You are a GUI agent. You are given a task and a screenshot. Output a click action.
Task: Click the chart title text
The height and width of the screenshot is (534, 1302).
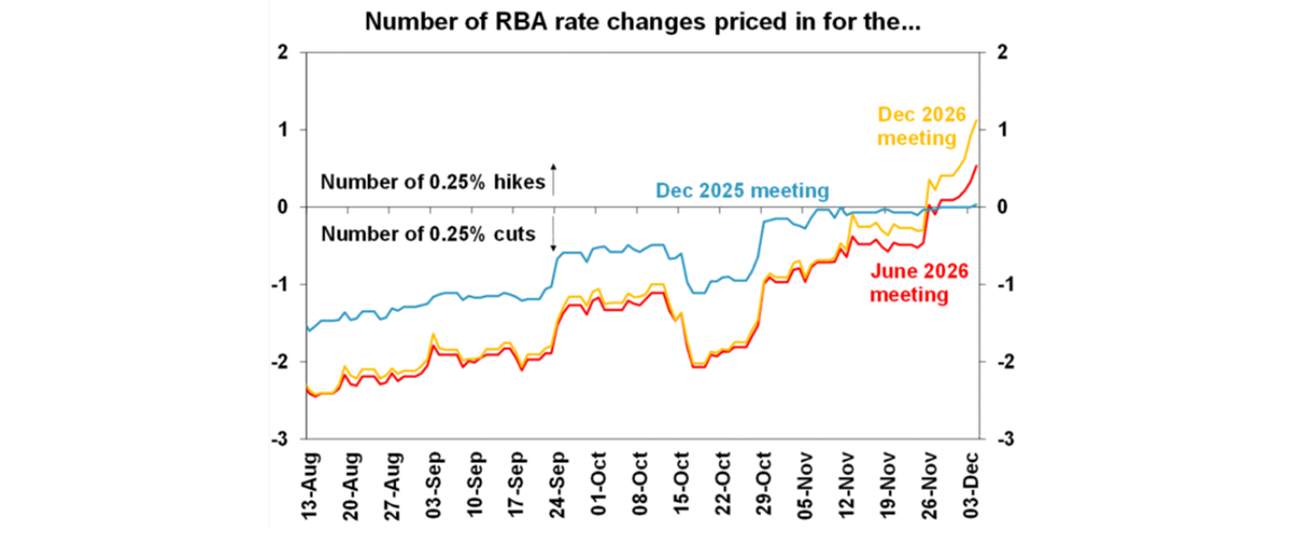(x=643, y=23)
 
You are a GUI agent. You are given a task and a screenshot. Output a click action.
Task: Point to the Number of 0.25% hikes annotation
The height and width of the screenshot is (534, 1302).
(x=432, y=181)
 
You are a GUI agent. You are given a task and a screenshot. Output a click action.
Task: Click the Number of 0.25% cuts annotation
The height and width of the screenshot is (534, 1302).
(x=428, y=234)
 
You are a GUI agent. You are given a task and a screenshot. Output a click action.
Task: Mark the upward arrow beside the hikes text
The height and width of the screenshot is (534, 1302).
(x=554, y=179)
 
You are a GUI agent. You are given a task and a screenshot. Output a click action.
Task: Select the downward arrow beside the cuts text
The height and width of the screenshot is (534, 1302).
(x=554, y=234)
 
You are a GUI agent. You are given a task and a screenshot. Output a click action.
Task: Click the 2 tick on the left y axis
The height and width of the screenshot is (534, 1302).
(x=282, y=53)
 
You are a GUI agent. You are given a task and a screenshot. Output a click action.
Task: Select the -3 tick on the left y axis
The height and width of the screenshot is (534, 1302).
(x=279, y=439)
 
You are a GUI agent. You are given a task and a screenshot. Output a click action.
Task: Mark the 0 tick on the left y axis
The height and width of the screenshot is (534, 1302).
(x=282, y=207)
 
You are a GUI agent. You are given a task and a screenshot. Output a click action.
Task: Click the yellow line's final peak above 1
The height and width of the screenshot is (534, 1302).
(x=976, y=120)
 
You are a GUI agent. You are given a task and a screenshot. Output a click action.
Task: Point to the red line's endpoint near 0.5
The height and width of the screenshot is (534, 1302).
(x=976, y=166)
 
